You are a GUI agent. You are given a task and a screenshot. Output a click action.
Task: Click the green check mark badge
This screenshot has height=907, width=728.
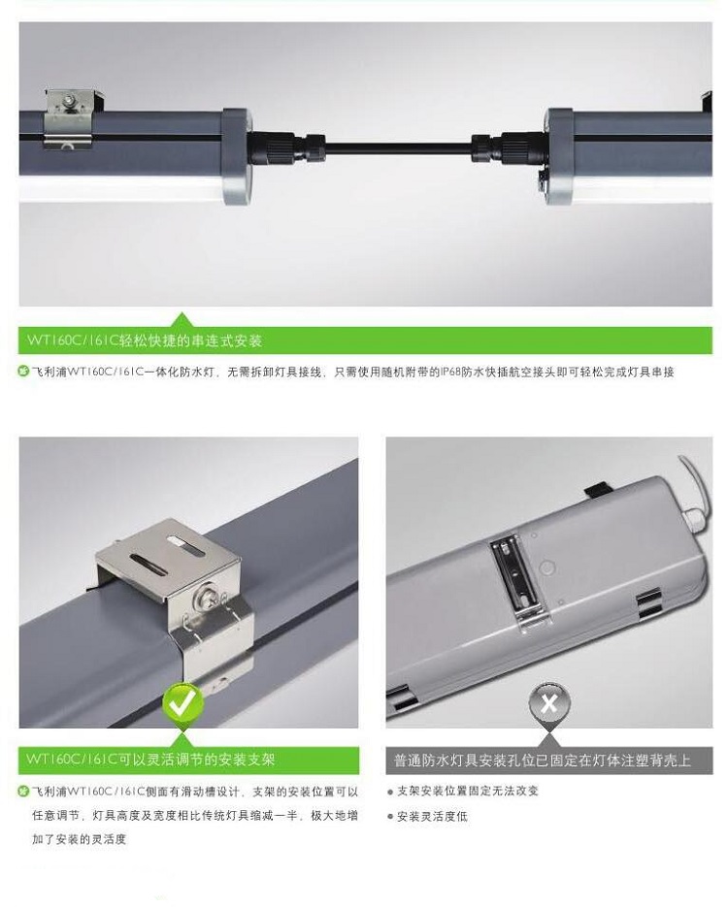tap(182, 703)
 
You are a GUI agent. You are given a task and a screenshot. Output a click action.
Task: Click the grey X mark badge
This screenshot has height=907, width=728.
tap(549, 703)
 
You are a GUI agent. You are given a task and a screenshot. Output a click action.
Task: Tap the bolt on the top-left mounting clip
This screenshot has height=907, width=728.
tap(70, 101)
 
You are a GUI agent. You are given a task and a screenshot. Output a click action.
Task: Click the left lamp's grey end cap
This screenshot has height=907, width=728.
tap(236, 155)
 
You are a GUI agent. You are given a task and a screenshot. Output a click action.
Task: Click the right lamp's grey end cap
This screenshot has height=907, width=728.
tap(559, 156)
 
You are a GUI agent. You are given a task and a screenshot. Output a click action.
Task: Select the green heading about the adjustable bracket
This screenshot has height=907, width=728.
tap(150, 759)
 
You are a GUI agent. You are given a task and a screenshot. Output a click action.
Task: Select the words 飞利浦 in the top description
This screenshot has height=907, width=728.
tap(50, 372)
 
